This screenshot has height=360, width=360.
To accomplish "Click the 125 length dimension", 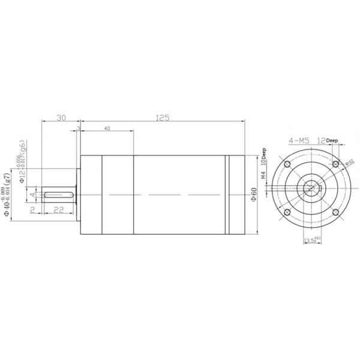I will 161,118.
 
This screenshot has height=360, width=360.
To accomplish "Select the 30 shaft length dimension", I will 61,118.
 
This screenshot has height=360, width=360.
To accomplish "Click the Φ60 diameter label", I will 254,194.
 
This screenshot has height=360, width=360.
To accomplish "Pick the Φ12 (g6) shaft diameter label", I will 23,162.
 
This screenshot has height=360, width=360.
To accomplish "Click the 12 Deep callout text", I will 327,140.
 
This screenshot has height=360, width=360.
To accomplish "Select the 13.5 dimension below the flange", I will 311,241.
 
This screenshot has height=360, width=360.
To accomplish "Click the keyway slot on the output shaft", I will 58,194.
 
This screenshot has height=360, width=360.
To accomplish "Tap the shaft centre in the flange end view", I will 311,189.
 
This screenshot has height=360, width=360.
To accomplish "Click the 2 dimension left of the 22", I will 34,209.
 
